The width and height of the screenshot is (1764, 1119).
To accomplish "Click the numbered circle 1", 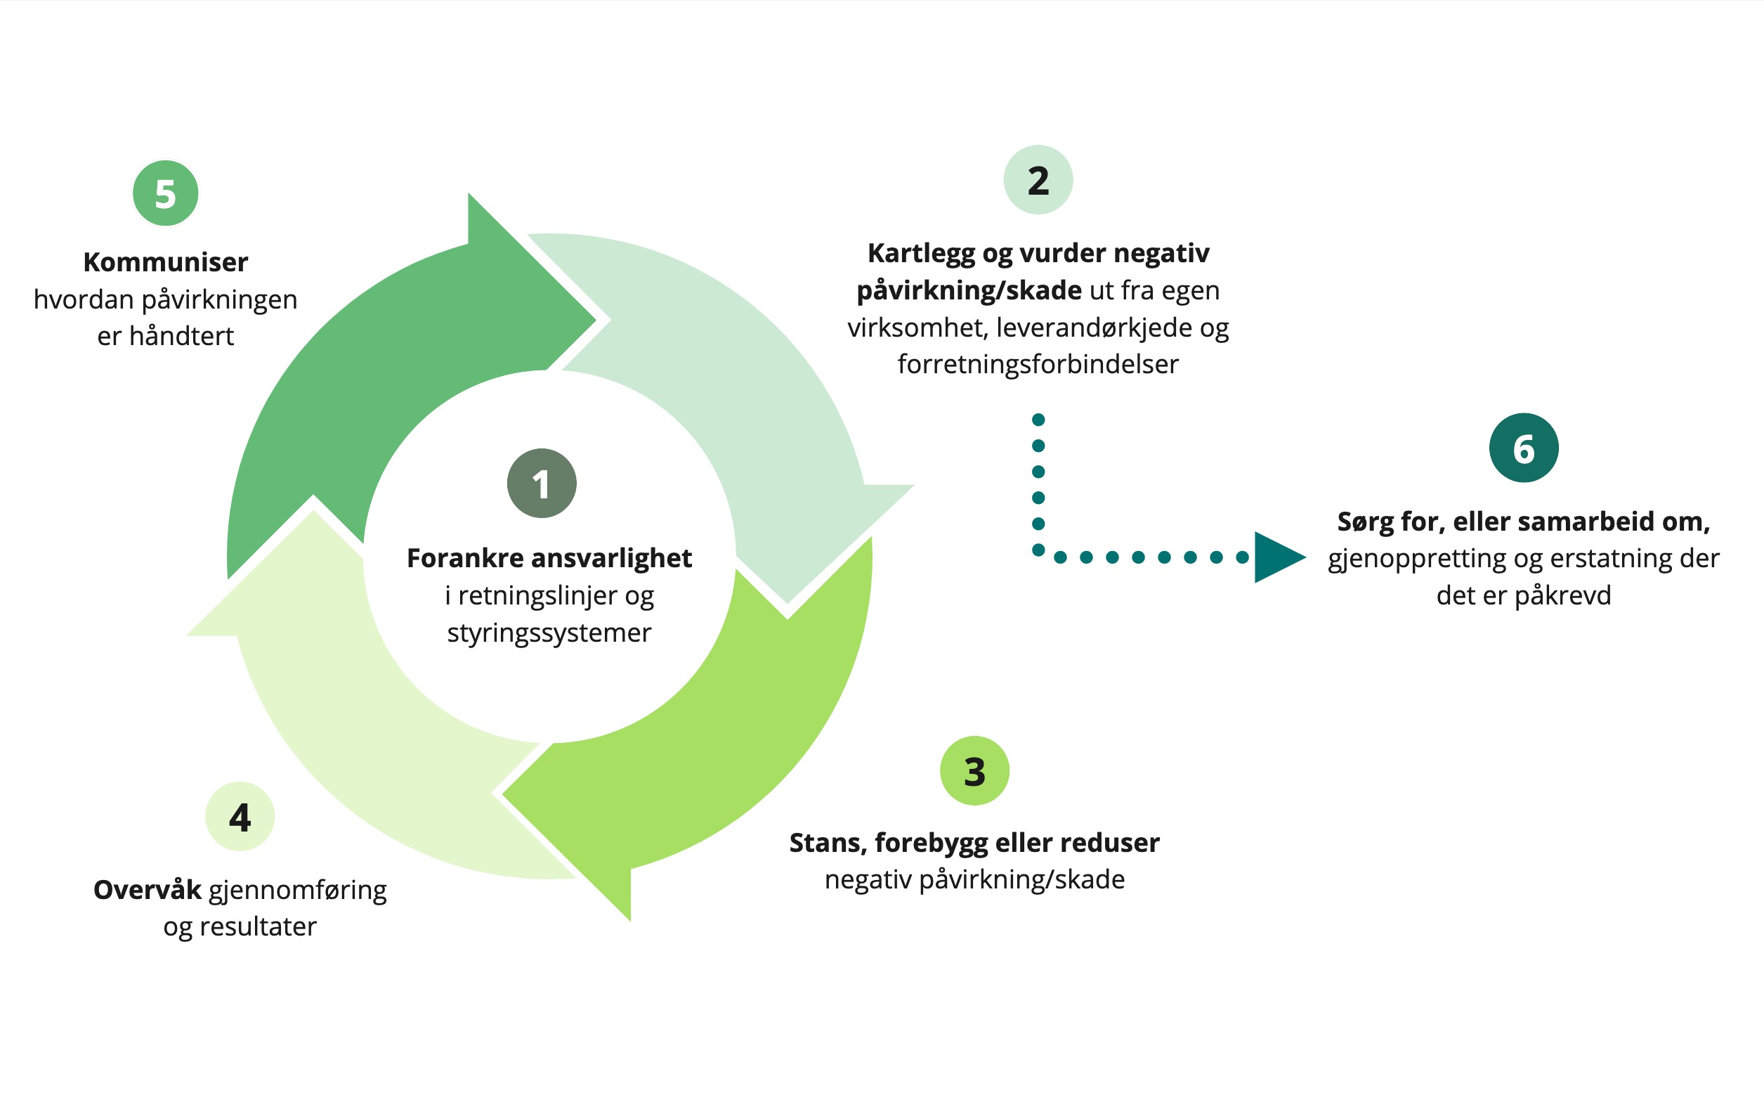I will [542, 484].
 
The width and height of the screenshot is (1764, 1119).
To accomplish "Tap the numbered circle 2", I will [1038, 180].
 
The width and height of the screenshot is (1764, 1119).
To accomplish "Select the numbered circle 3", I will [974, 771].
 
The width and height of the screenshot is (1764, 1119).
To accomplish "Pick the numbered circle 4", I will [240, 817].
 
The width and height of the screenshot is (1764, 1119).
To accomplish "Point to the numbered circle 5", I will [166, 193].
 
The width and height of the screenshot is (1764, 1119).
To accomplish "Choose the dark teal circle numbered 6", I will [1523, 448].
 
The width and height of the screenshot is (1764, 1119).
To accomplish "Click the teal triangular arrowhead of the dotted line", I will [1278, 557].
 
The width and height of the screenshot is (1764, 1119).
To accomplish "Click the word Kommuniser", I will [166, 262].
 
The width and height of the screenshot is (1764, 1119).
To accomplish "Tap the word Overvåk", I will [148, 890].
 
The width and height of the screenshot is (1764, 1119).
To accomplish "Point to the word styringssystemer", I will [549, 633].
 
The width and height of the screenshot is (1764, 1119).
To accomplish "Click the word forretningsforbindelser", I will [1038, 364].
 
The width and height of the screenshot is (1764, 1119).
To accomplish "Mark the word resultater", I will [258, 926].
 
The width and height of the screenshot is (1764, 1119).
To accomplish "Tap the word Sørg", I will [1364, 522].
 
